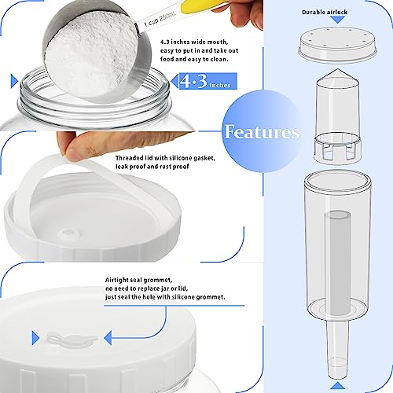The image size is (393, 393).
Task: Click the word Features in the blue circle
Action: pyautogui.click(x=261, y=131)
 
